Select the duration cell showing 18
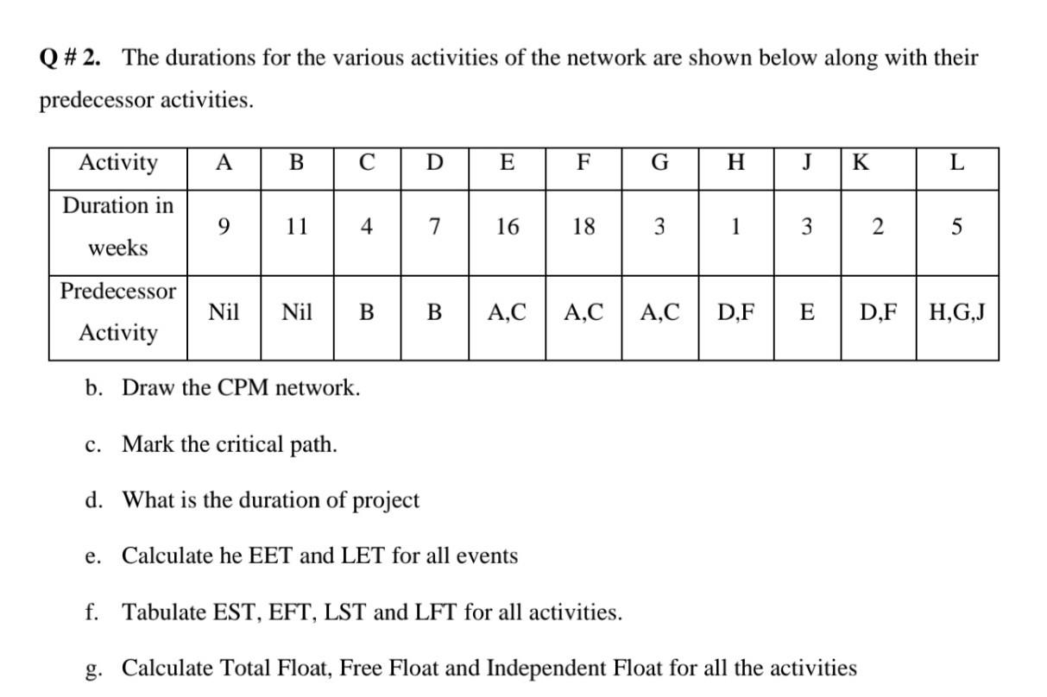coord(583,227)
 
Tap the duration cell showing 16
coord(507,227)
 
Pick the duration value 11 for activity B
coord(296,227)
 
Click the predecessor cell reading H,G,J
coord(957,311)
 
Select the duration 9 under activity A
coord(224,227)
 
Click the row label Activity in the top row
coord(118,163)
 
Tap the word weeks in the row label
coord(118,248)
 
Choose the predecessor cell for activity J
coord(807,311)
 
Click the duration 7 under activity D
coord(435,227)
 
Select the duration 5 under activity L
coord(957,227)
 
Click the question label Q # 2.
coord(70,59)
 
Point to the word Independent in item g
coord(542,668)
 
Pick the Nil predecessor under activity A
coord(224,311)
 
